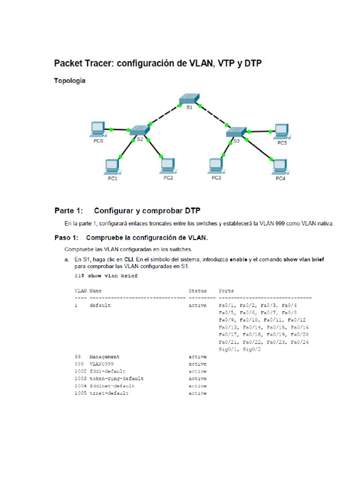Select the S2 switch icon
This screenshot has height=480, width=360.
click(x=139, y=130)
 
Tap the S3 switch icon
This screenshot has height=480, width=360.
click(x=236, y=132)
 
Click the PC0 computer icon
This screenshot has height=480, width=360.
click(x=97, y=128)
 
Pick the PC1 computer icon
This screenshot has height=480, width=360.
click(x=112, y=165)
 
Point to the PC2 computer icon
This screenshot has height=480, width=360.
click(x=168, y=165)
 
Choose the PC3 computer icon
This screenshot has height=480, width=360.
click(x=216, y=165)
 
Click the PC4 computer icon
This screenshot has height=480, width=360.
click(x=280, y=166)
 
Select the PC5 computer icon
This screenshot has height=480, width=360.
click(x=281, y=130)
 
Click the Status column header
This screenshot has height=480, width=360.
click(x=197, y=291)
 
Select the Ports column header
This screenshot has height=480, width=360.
click(x=226, y=291)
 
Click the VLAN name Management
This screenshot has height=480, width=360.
click(x=105, y=357)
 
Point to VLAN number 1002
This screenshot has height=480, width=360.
click(x=80, y=371)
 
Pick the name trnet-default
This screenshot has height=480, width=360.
click(x=109, y=393)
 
